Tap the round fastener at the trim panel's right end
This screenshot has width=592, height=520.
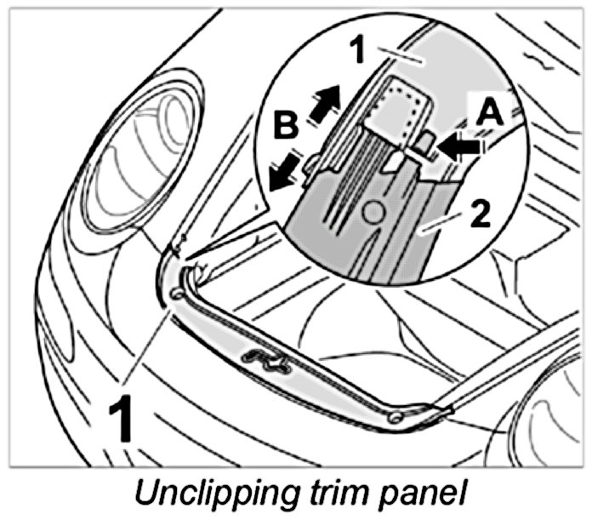(x=393, y=417)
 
